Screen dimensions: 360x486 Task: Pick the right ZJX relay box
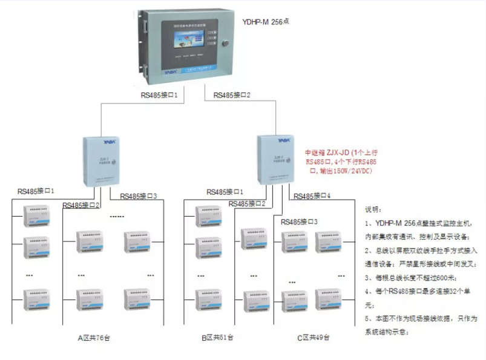click(x=279, y=159)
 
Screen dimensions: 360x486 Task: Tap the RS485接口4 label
click(x=312, y=196)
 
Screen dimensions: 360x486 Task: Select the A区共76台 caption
click(x=93, y=338)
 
